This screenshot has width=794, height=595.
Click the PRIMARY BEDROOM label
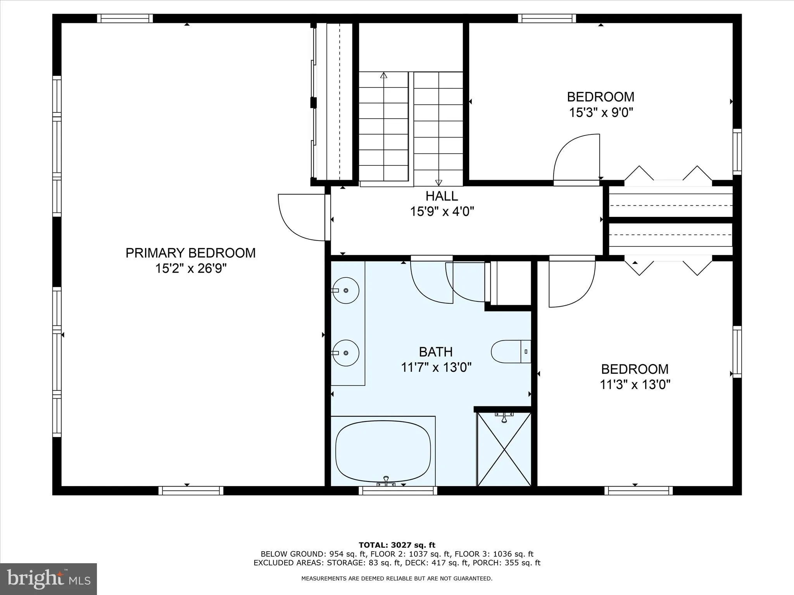coord(190,253)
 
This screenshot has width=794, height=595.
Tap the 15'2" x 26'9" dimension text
coord(190,268)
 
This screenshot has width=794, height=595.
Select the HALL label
coord(442,196)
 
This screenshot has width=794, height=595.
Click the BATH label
coord(436,352)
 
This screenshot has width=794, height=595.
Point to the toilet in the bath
coord(510,352)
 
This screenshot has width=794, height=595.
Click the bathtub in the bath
coord(383,451)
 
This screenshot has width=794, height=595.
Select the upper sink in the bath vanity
coord(346,290)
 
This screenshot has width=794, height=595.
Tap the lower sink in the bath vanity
coord(346,353)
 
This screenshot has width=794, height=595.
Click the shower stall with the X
coord(504,449)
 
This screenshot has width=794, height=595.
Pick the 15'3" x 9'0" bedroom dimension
coord(601,113)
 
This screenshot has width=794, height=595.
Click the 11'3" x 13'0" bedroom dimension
coord(635,385)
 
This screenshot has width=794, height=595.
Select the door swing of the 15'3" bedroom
coord(577,158)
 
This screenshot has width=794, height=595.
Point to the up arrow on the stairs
coord(384,76)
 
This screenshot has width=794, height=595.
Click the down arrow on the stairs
coord(438,182)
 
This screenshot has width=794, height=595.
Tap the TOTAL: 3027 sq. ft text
coord(397,545)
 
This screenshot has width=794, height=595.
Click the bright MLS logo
coord(48,579)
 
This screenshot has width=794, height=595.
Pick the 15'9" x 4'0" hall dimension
coord(442,212)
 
